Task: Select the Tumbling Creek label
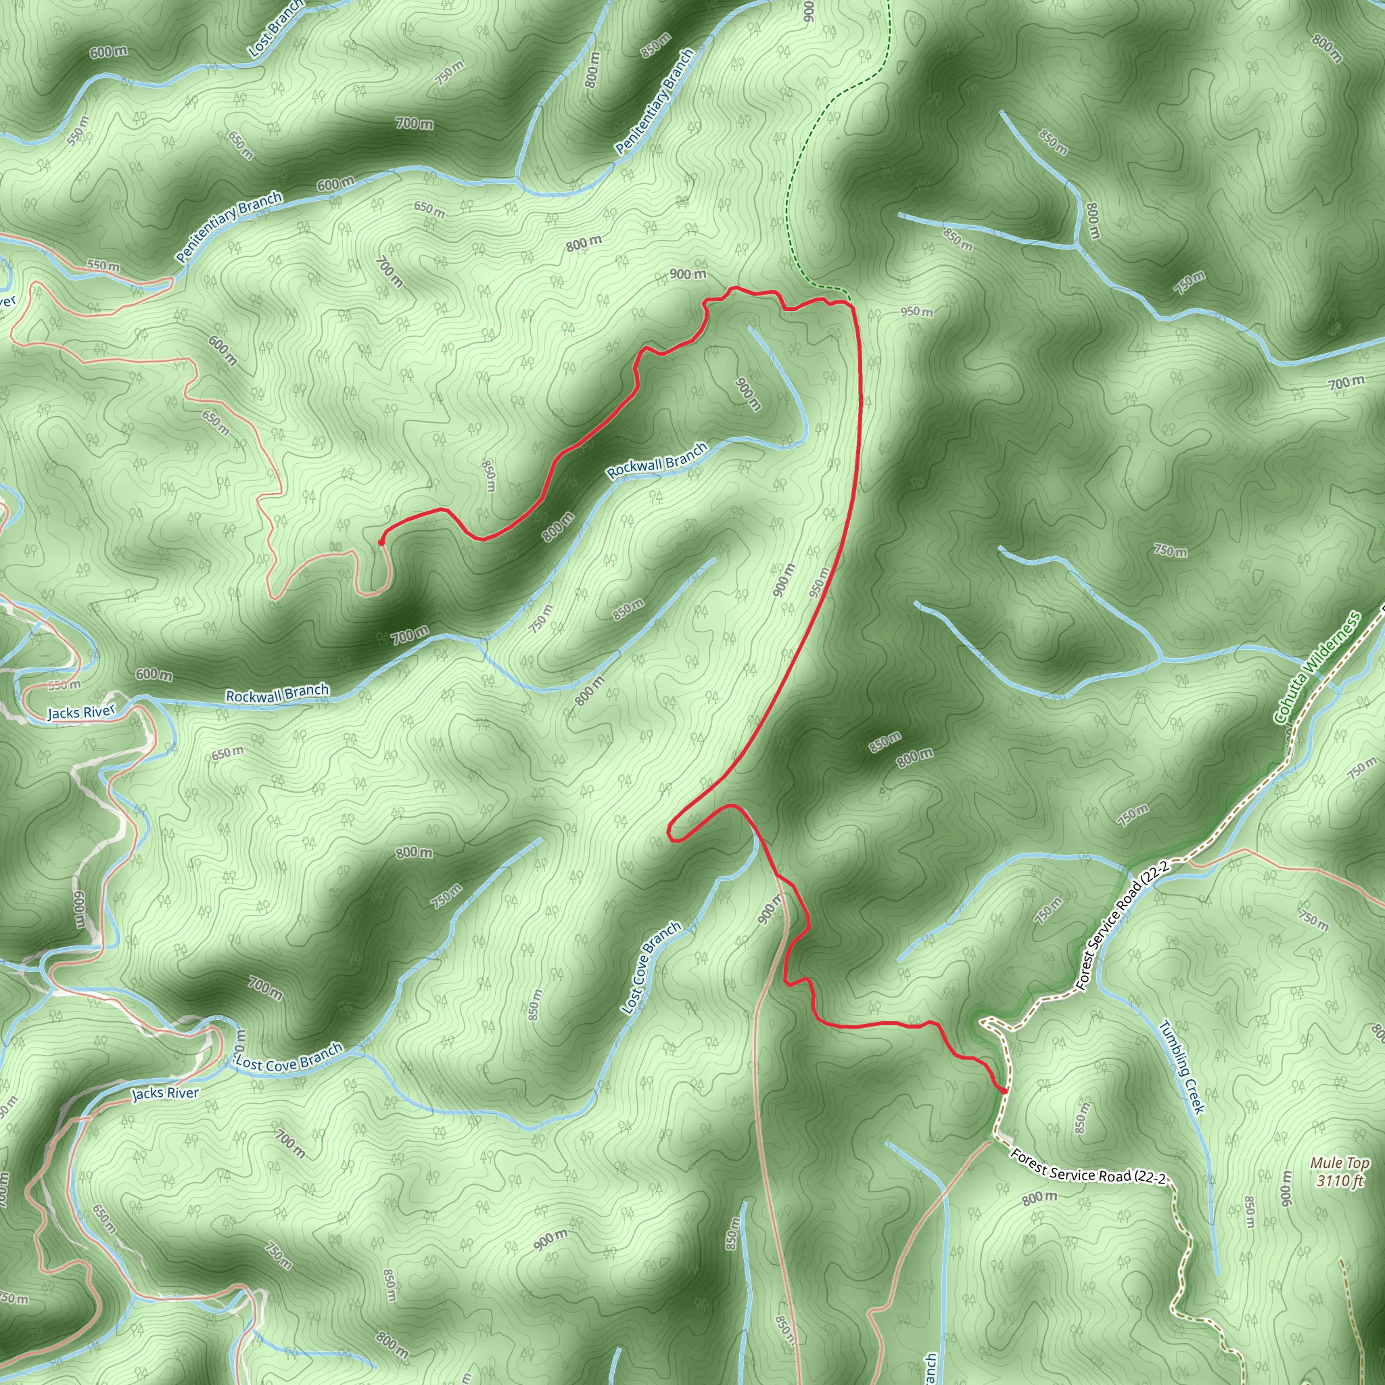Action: tap(1182, 1066)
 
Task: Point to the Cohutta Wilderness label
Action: tap(1317, 667)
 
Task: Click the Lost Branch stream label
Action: tap(275, 28)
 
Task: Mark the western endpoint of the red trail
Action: tap(381, 542)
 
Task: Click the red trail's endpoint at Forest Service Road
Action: tap(1004, 1090)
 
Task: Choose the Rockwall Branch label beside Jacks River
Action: tap(277, 694)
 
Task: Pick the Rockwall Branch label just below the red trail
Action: tap(657, 461)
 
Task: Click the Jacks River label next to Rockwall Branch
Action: tap(81, 712)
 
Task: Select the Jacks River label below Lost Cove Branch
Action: tap(165, 1093)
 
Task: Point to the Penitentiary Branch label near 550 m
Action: tap(229, 227)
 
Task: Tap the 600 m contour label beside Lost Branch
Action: tap(109, 51)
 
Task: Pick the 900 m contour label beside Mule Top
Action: tap(1286, 1190)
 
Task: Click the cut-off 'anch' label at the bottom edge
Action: tap(930, 1368)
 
